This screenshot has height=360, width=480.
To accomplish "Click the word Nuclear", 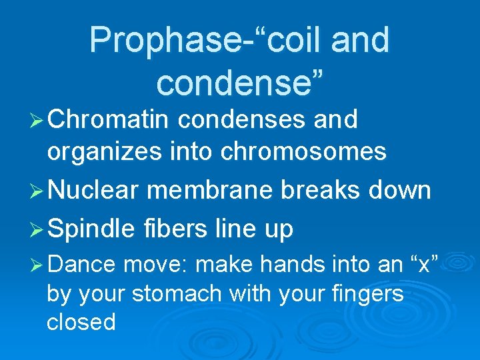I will (x=93, y=191).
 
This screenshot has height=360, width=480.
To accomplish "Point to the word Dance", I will (x=81, y=265).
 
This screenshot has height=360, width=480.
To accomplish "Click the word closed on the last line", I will (x=81, y=323).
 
